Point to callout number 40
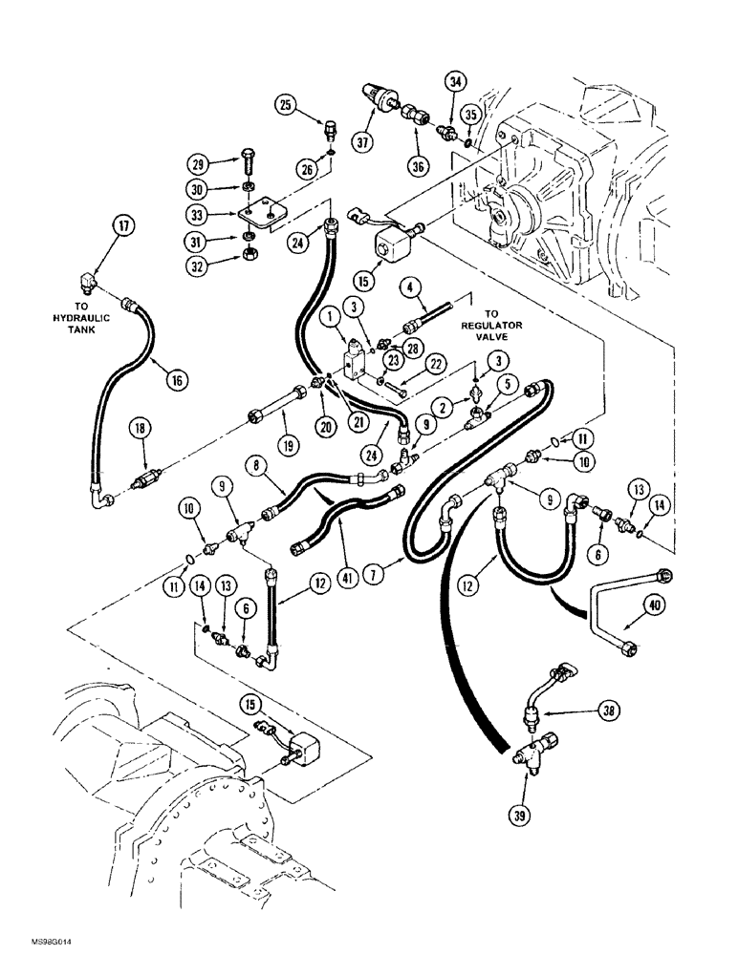(653, 604)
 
